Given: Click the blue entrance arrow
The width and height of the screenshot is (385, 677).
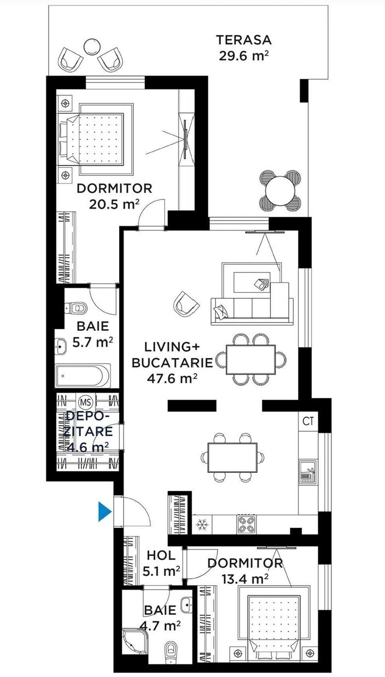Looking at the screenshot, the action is click(x=104, y=511).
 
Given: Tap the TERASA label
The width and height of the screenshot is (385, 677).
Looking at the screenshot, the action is click(x=244, y=40).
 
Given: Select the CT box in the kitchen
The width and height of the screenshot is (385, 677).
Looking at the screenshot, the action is click(x=308, y=421).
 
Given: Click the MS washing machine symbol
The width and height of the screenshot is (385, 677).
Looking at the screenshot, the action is click(x=86, y=402).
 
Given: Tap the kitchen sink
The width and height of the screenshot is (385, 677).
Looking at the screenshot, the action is click(x=308, y=472).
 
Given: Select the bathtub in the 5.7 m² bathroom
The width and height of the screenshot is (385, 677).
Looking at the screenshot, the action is click(x=83, y=376).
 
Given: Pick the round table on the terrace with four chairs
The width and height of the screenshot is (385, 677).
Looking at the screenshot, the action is click(x=281, y=191).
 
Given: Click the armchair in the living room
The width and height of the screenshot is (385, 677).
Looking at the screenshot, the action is click(x=185, y=304).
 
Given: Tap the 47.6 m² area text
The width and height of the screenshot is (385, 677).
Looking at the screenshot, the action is click(x=172, y=378).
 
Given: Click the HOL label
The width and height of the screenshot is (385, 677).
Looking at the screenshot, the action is click(x=161, y=555).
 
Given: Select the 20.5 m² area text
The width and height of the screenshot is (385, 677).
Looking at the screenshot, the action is click(x=114, y=204).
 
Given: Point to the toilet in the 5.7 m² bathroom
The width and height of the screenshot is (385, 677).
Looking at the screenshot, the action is click(x=76, y=308).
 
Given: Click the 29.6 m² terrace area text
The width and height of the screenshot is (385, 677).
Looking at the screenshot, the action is click(x=244, y=56).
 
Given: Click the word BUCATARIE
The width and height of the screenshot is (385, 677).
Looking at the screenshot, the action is click(x=172, y=363).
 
